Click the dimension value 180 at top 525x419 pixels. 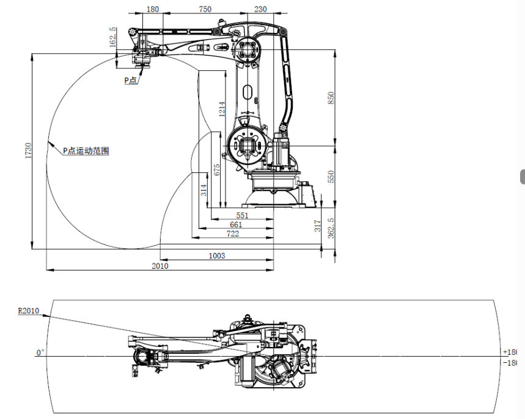pos(153,9)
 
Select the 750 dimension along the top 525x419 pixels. pos(205,9)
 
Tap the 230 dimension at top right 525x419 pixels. pos(260,9)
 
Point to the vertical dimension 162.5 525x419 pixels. pos(112,37)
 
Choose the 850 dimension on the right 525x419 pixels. pos(331,98)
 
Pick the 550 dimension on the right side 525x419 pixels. pos(331,177)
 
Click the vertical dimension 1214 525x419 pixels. pos(222,111)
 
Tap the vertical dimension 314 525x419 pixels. pos(204,190)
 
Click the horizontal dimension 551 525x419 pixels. pos(243,216)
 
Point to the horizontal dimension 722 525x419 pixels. pos(233,234)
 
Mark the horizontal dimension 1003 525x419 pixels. pos(216,255)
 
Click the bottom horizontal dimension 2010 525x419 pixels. pos(160,266)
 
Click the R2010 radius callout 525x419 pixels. pos(28,311)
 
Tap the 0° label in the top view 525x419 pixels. pos(40,352)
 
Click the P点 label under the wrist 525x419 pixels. pos(131,80)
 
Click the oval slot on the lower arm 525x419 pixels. pos(246,92)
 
